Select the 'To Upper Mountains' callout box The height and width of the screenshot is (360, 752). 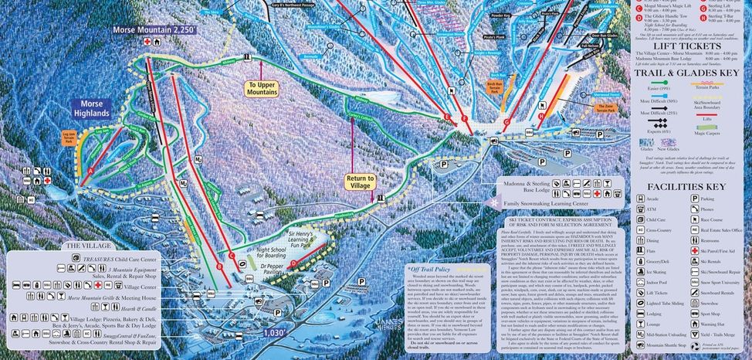click(x=263, y=88)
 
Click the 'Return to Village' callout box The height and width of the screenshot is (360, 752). click(x=360, y=182)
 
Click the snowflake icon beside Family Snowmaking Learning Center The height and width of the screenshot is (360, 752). click(x=495, y=202)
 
